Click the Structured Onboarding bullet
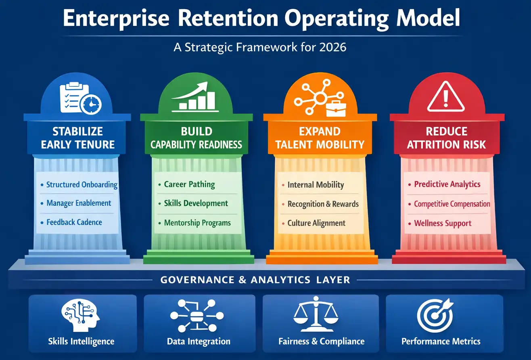coord(82,185)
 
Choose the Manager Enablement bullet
coord(79,203)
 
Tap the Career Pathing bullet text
coord(189,184)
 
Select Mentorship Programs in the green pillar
coord(197,222)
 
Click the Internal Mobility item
coord(316,185)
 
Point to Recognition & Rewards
coord(323,204)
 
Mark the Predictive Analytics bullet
coord(447,184)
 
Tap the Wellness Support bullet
coord(443,223)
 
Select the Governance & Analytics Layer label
coord(255,279)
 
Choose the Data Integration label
coord(199,341)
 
